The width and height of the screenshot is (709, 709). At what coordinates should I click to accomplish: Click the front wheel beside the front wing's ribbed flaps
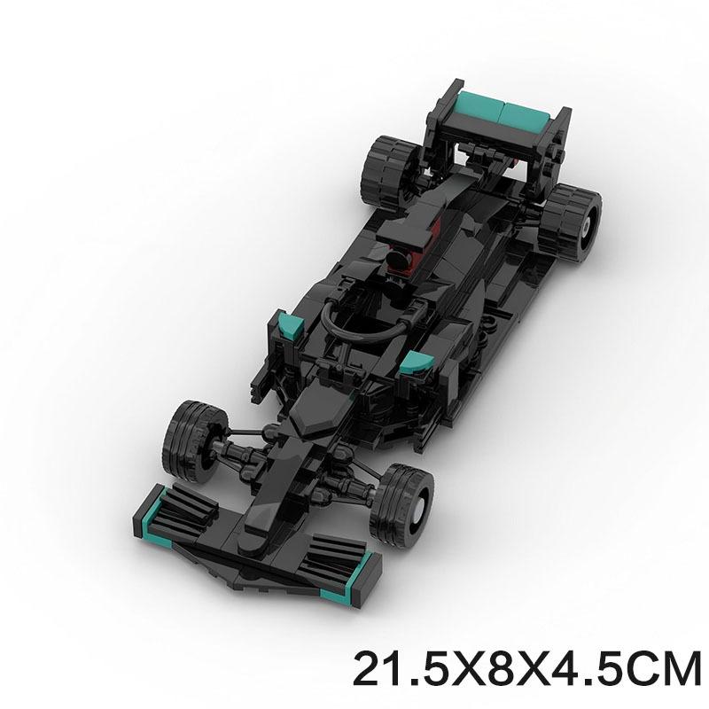tap(196, 440)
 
